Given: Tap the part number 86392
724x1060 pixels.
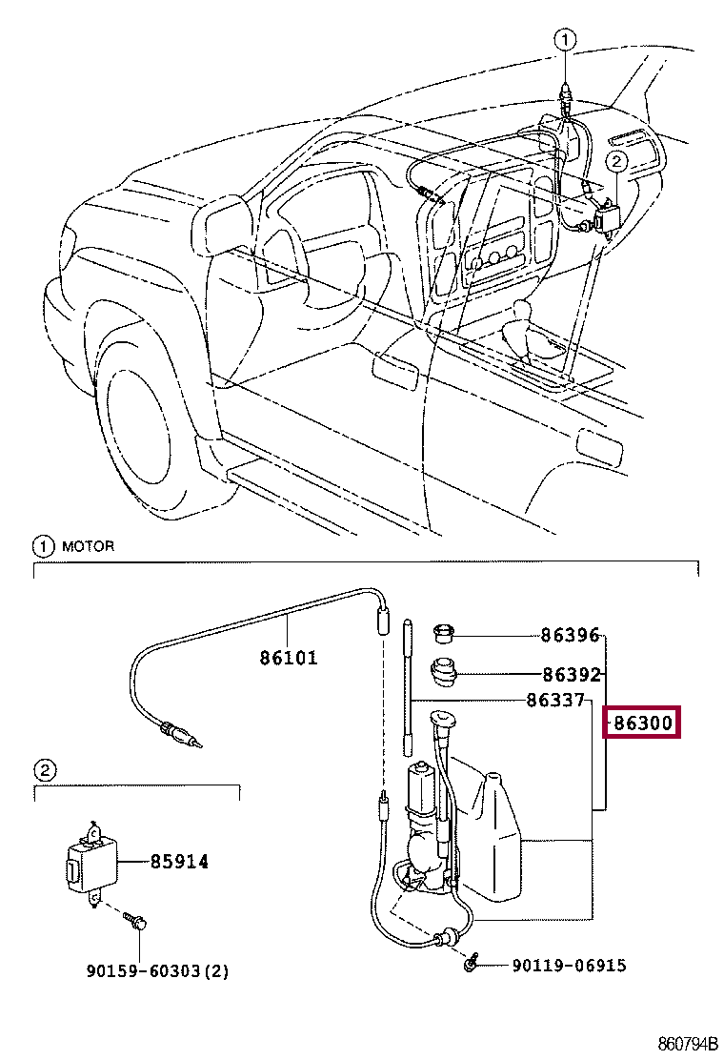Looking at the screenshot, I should point(570,675).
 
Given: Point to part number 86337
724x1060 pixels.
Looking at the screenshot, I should point(555,701).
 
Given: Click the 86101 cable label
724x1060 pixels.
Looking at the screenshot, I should point(288,658).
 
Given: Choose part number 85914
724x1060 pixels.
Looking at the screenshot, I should point(178,862).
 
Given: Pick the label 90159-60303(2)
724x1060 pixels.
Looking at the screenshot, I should point(157,971).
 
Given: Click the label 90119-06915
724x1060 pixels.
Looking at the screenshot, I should point(569,966).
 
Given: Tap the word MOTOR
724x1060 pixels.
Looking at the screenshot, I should point(88,546).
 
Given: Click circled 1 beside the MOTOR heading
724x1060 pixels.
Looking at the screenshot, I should point(43,546).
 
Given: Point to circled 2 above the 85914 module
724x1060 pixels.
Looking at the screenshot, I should point(45,769).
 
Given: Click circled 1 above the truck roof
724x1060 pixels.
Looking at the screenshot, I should point(565,39).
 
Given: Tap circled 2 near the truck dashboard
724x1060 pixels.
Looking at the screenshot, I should point(616,162).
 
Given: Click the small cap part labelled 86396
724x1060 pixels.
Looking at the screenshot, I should point(443,632).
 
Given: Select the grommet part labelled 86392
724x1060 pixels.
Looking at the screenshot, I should point(442,671).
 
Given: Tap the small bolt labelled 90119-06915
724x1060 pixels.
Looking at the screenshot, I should point(471,965).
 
